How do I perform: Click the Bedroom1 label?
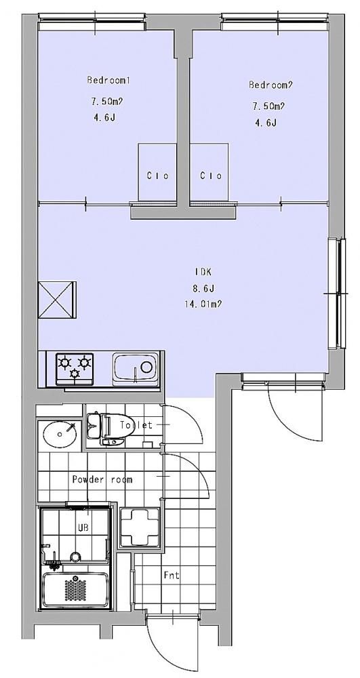coord(108,80)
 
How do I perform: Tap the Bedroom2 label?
coord(271,85)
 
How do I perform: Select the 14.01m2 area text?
coord(203,304)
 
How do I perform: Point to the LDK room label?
coord(202,272)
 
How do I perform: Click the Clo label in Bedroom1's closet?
coord(157,176)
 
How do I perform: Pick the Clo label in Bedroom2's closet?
coord(211,176)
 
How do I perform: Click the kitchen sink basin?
coord(136,368)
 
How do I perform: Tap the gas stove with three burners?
coord(75,368)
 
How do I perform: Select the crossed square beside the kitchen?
coord(57,300)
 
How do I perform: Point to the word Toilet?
coord(136,425)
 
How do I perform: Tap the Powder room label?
coord(102,479)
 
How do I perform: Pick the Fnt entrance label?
coord(172,576)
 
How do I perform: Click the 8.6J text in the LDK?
coord(202,288)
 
